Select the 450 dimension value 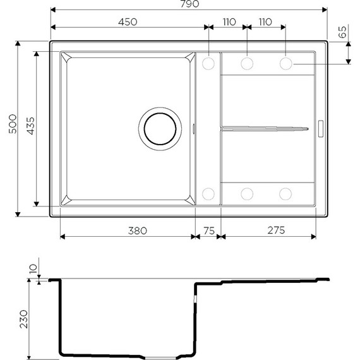tap(128, 22)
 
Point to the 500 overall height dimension tap(9, 129)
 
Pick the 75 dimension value tap(207, 231)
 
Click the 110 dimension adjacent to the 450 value tap(229, 22)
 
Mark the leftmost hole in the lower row tap(208, 193)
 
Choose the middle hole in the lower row tap(247, 193)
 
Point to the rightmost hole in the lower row tap(285, 193)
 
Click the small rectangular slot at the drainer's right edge tap(320, 128)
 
